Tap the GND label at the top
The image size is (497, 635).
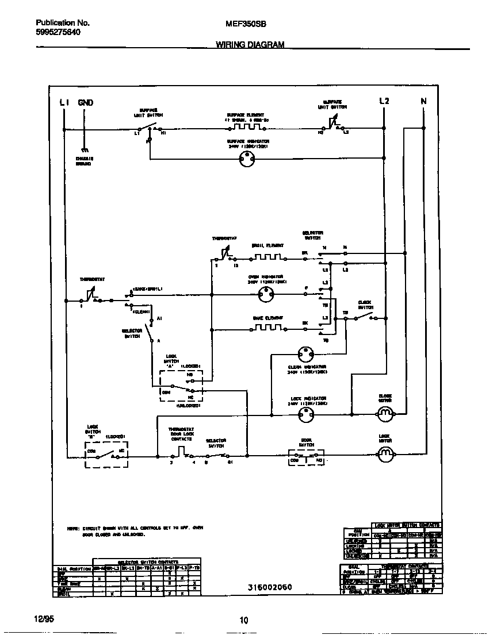(x=85, y=102)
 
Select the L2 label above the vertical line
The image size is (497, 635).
(x=384, y=101)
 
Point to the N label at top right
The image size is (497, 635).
(x=424, y=102)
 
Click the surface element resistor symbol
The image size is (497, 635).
(x=246, y=126)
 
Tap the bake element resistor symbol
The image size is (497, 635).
(x=267, y=329)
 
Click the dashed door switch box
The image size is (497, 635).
(x=305, y=457)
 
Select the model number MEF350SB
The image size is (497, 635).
(x=241, y=24)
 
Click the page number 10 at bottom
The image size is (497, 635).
(x=244, y=619)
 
